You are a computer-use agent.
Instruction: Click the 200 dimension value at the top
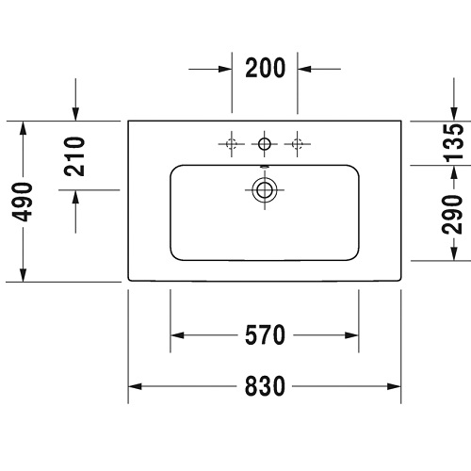(266, 68)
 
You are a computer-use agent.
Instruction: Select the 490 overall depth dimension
(23, 202)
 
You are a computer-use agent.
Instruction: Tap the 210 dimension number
(74, 156)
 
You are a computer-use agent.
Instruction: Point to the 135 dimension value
(454, 143)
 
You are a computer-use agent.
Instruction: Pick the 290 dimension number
(452, 215)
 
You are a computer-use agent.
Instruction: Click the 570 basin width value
(266, 335)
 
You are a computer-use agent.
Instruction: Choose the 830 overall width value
(266, 386)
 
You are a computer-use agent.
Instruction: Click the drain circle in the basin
(265, 190)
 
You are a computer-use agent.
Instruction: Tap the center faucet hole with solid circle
(265, 144)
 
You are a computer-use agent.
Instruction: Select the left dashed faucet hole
(232, 144)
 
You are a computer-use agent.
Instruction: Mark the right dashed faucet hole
(297, 144)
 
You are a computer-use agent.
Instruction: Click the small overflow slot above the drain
(265, 167)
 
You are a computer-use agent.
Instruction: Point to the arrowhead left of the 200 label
(225, 69)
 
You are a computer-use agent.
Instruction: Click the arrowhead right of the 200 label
(304, 69)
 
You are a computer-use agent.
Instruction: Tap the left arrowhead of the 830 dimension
(135, 386)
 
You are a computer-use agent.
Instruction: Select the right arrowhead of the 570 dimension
(351, 335)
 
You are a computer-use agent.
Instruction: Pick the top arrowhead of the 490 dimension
(23, 128)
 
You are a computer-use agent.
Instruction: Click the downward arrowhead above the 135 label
(454, 114)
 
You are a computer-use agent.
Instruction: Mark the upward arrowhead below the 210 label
(75, 197)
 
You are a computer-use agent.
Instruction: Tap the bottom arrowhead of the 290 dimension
(454, 253)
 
